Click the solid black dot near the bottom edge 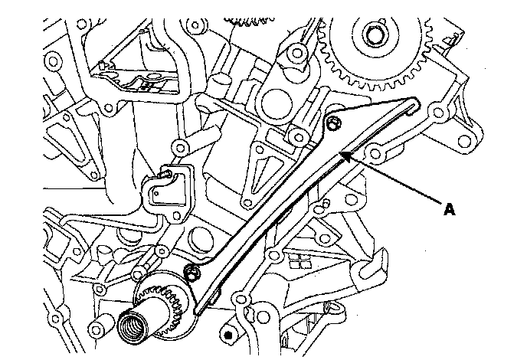[227, 335]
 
